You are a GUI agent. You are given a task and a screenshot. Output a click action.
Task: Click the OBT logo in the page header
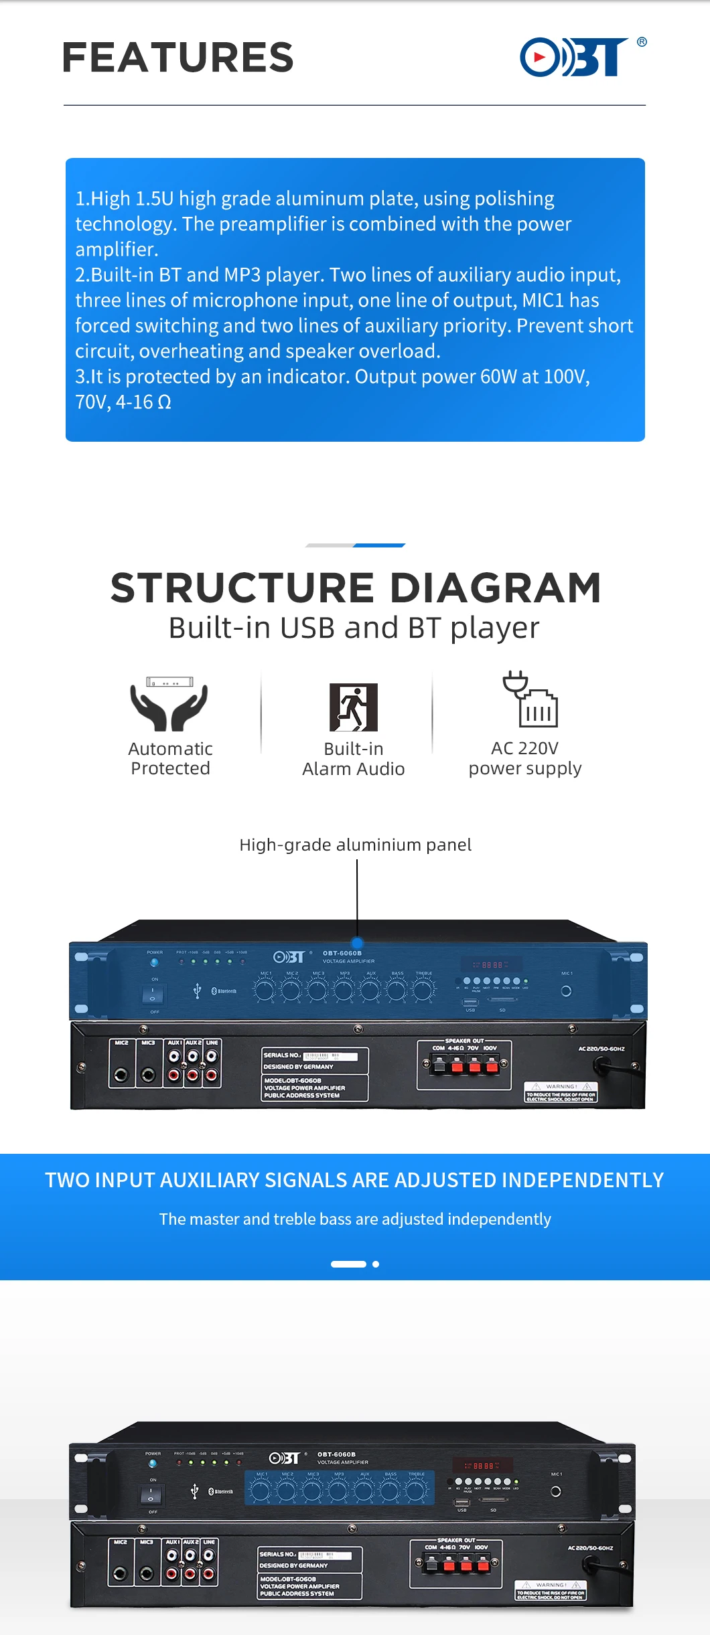[575, 57]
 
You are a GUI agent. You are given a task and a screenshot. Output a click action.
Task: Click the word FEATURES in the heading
[178, 58]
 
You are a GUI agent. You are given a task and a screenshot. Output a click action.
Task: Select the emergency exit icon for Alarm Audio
[354, 707]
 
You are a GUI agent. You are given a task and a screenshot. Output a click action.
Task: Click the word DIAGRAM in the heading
[496, 588]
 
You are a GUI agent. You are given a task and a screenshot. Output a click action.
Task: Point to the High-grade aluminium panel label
[355, 845]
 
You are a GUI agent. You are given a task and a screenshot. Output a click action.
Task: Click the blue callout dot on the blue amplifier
[357, 943]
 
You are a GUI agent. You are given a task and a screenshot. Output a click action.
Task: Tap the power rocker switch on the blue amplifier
[152, 995]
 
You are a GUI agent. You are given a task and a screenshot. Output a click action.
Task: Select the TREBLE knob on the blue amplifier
[423, 989]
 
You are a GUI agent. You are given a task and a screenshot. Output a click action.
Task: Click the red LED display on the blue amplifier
[492, 965]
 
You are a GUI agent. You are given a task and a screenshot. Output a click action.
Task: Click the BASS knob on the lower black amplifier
[390, 1490]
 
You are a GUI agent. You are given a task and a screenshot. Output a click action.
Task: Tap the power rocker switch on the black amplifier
[151, 1495]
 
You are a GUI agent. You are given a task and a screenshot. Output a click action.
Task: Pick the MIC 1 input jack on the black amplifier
[555, 1491]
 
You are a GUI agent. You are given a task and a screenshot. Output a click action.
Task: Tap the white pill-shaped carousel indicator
[348, 1264]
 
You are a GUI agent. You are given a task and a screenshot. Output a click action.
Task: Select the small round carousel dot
[376, 1264]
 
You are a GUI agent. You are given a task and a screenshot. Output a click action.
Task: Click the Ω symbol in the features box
[164, 402]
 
